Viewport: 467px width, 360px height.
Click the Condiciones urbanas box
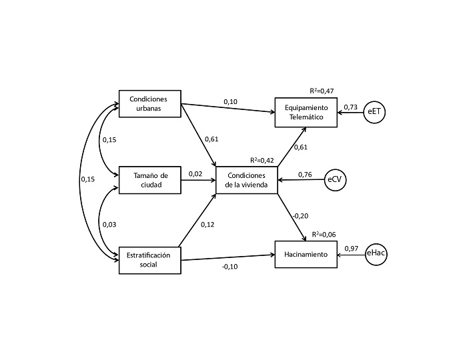click(150, 103)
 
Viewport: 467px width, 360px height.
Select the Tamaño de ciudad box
click(150, 180)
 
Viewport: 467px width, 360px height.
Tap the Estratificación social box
click(150, 259)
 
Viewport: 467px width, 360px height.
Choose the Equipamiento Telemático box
click(306, 111)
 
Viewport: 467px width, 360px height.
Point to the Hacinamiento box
click(306, 255)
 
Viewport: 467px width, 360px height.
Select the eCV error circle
click(338, 180)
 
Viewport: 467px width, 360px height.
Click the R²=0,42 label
click(262, 160)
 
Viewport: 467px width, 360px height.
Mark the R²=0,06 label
click(322, 235)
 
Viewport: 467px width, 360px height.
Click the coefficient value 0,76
click(305, 175)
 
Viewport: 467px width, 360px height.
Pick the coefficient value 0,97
click(352, 249)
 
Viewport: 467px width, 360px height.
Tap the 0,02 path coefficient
click(195, 174)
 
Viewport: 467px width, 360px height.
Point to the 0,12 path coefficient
click(207, 225)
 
